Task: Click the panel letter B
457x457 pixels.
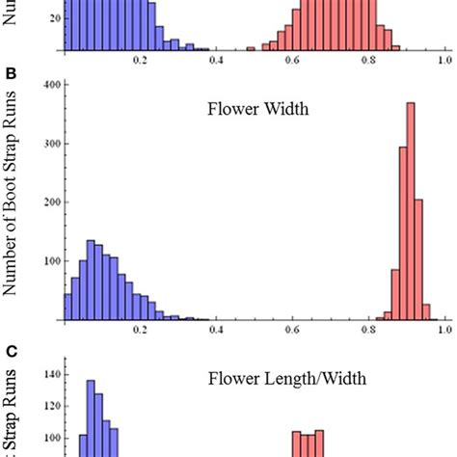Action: click(x=11, y=72)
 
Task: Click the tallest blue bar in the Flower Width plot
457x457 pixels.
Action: click(x=91, y=280)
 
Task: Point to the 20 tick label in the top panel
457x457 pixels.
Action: click(x=51, y=18)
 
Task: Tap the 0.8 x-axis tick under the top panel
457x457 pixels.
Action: click(x=367, y=59)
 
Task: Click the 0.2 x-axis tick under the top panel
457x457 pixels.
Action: click(x=141, y=59)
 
